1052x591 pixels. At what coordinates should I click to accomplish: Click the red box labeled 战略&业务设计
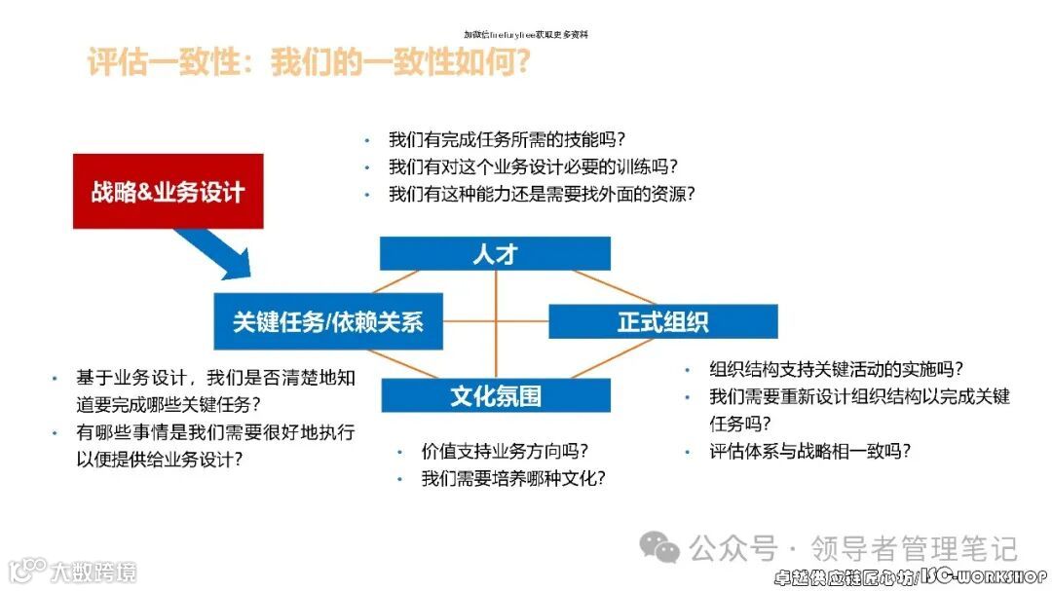point(168,191)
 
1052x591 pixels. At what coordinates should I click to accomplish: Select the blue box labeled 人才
point(495,254)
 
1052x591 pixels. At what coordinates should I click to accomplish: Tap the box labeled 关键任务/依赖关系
point(328,322)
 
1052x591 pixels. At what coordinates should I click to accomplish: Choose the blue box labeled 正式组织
point(662,322)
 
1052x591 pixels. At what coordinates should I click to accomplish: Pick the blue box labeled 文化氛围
point(495,395)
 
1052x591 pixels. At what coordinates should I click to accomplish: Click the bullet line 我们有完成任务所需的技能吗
point(507,138)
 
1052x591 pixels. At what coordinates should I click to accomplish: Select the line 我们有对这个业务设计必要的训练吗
point(533,166)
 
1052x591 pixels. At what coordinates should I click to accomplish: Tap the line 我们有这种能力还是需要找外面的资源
point(542,194)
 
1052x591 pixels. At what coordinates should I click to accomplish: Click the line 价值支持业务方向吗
point(506,452)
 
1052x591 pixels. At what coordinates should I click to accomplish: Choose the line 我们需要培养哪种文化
point(514,479)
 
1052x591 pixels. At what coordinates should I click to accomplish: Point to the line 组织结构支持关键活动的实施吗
point(837,369)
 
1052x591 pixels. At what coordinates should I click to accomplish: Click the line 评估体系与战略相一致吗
point(810,451)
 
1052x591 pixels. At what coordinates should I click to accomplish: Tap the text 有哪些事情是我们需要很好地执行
point(215,431)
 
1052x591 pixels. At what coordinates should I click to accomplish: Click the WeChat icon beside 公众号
point(666,549)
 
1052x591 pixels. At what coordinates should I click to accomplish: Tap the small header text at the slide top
point(526,34)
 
